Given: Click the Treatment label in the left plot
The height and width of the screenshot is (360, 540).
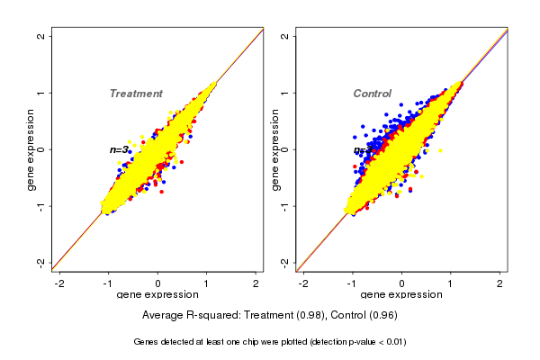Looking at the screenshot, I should pyautogui.click(x=136, y=94).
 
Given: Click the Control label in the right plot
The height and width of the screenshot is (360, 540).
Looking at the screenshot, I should pyautogui.click(x=373, y=94).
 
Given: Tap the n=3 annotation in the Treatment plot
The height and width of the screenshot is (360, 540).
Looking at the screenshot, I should pyautogui.click(x=120, y=149).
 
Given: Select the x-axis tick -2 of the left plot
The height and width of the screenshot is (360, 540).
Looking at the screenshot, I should pyautogui.click(x=59, y=283).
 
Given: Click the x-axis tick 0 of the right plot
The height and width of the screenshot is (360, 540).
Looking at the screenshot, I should pyautogui.click(x=401, y=283).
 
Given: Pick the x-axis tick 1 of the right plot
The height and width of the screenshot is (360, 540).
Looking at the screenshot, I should pyautogui.click(x=450, y=283).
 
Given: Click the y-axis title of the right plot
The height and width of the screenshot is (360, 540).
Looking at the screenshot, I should pyautogui.click(x=274, y=149).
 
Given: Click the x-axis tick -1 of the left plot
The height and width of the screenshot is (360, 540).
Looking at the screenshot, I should pyautogui.click(x=108, y=283).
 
